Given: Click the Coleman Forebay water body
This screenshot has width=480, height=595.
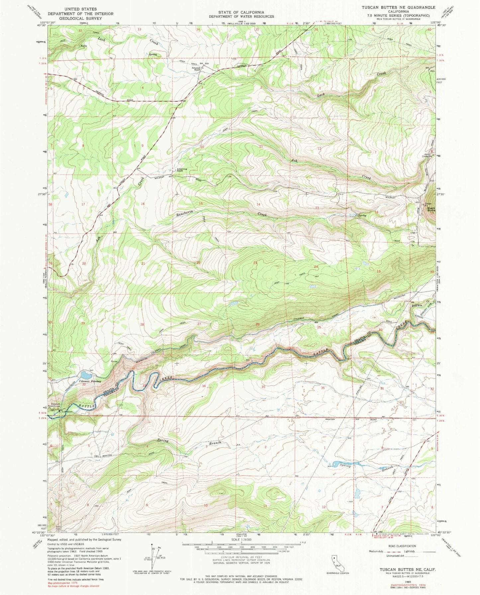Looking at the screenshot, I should point(85,375).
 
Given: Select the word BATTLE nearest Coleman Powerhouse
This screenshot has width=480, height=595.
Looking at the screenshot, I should point(87,406).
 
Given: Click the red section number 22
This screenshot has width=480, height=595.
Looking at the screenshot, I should point(199,263).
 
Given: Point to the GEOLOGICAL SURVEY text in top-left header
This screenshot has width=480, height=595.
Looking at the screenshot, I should point(80,18).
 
